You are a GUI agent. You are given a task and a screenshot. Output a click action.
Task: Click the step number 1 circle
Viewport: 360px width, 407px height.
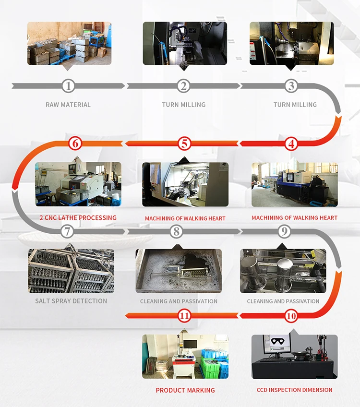(x=69, y=86)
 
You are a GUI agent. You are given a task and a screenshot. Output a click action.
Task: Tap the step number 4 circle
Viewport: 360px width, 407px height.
(x=291, y=143)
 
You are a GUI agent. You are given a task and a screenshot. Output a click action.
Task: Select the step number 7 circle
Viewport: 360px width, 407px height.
(x=68, y=231)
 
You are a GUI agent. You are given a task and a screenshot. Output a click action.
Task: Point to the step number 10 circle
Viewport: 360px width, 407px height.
(x=291, y=316)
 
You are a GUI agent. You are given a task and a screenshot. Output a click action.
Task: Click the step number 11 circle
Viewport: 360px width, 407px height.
(x=185, y=315)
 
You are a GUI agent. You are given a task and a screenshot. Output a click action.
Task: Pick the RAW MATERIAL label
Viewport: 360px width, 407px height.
(x=68, y=105)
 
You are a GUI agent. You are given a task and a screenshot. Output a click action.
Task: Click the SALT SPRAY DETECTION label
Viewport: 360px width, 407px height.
(x=71, y=301)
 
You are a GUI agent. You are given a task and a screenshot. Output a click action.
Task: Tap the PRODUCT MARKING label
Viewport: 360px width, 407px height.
(x=185, y=390)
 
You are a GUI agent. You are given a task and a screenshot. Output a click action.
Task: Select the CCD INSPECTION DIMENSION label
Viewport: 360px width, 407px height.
(x=295, y=390)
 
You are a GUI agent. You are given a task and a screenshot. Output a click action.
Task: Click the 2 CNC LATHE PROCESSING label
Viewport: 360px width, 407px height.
(x=78, y=218)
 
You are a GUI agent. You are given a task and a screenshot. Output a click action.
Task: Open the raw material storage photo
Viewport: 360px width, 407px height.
(x=69, y=43)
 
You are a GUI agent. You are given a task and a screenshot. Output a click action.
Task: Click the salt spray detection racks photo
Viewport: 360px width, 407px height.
(x=71, y=271)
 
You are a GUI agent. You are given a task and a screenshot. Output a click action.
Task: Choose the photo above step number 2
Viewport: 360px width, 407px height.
(x=185, y=43)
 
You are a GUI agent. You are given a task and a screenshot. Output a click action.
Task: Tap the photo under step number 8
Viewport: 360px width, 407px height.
(x=179, y=271)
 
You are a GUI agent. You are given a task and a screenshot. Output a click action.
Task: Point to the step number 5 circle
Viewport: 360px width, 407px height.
(x=185, y=143)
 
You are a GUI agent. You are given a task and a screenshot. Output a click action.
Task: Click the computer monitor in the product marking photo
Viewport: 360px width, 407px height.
(x=191, y=344)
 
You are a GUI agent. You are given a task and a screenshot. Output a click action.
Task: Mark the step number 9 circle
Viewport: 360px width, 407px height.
(x=285, y=231)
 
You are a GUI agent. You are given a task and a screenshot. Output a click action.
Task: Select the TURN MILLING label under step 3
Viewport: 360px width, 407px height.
(x=295, y=105)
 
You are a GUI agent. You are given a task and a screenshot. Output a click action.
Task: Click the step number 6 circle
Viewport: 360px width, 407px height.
(x=75, y=143)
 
